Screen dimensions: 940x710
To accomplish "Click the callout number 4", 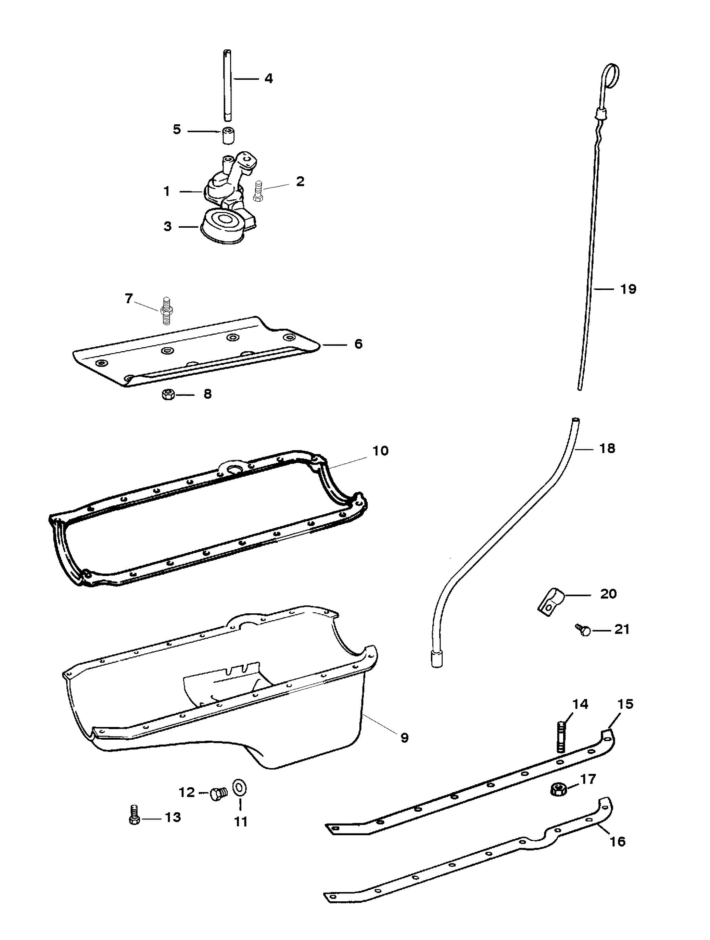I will [268, 79].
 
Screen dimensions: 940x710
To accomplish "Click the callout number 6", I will [358, 344].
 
